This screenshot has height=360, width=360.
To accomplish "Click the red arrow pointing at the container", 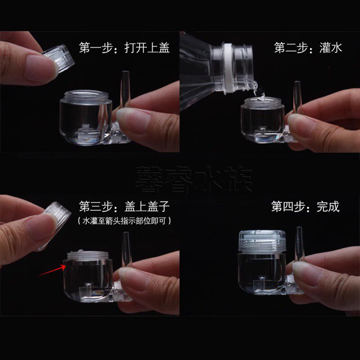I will (x=50, y=270).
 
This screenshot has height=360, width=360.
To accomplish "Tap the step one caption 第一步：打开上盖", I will (x=124, y=48).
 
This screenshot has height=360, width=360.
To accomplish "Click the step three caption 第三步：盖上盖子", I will (x=124, y=207).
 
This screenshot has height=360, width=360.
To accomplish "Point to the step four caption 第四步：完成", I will (x=305, y=207).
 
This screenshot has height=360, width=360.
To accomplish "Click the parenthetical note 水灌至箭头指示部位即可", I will (x=124, y=221).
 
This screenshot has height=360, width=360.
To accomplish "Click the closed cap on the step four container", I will (x=261, y=242).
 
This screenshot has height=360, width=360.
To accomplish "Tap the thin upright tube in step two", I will (x=297, y=97).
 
